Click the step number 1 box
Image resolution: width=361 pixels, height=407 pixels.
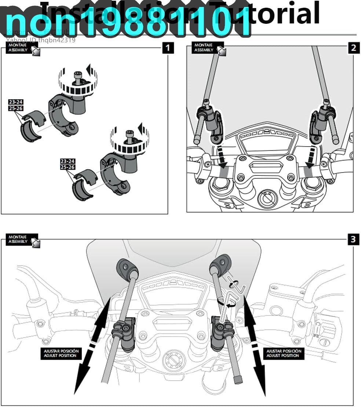point(168,48)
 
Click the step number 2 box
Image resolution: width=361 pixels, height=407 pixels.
point(353,48)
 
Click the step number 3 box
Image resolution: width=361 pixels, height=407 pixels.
point(353,239)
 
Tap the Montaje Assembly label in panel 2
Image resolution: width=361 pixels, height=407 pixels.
point(204,48)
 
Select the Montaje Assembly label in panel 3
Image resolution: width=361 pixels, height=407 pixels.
point(18,240)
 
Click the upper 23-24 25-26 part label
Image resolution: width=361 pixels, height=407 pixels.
point(16,104)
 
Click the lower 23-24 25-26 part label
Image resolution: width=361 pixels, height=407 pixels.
point(68,164)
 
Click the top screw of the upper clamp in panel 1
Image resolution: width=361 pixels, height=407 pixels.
point(77,76)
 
